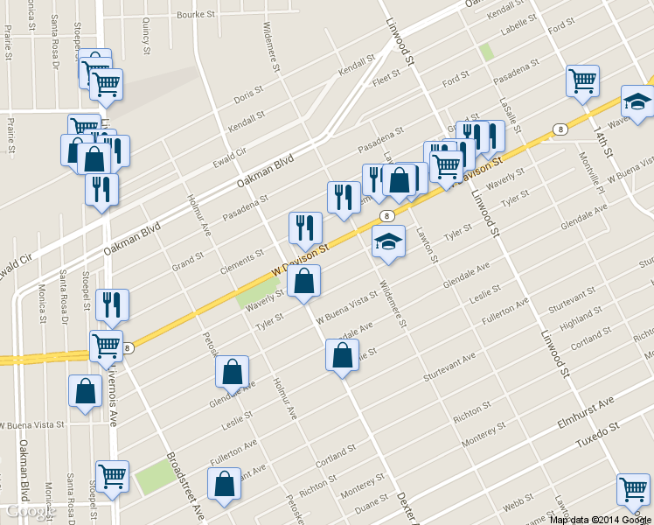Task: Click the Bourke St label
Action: click(x=196, y=15)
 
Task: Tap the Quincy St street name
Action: click(x=145, y=33)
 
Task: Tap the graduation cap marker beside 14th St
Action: click(x=637, y=103)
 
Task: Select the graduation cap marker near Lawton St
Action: click(x=388, y=242)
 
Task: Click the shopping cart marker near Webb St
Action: click(x=633, y=491)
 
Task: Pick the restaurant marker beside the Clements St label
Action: click(x=305, y=229)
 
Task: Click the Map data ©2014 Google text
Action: click(x=600, y=519)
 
